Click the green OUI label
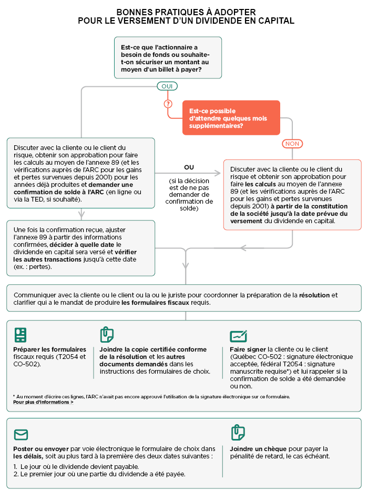point(167,86)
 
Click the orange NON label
point(292,144)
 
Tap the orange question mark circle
point(168,104)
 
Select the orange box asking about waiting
point(231,118)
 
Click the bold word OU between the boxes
point(189,167)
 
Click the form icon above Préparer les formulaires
point(21,335)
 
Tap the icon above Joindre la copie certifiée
point(107,335)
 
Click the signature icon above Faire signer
point(238,336)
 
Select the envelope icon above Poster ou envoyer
point(21,435)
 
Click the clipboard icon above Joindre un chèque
point(238,433)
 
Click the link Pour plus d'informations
point(43,403)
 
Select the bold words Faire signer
point(248,349)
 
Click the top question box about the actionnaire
point(167,58)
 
